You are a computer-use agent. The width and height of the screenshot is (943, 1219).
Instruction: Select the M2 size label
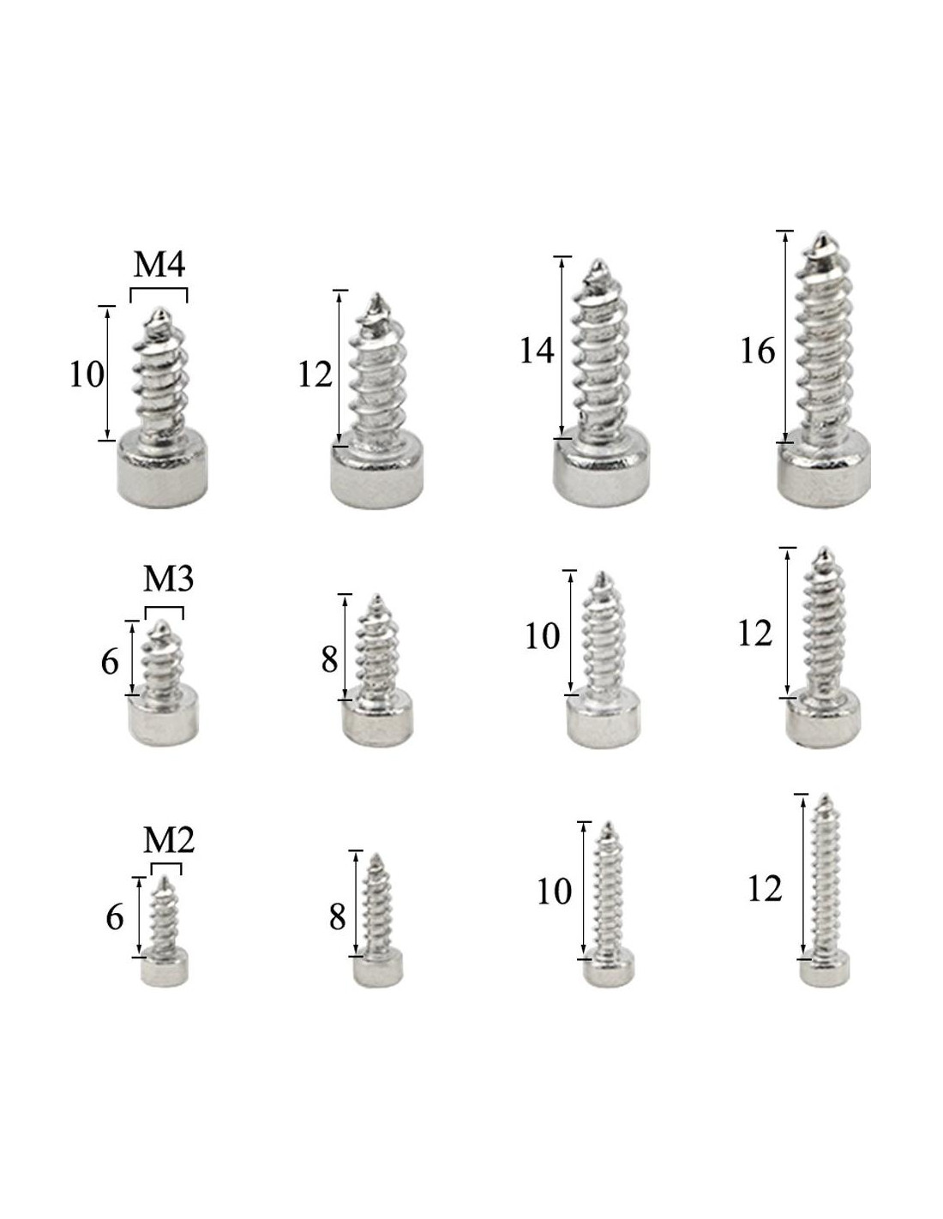click(169, 840)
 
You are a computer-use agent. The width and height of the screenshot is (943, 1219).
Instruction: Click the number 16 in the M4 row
click(757, 351)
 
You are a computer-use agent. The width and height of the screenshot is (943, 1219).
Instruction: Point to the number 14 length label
click(537, 351)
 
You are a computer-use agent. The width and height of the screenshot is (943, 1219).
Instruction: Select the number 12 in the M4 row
click(315, 375)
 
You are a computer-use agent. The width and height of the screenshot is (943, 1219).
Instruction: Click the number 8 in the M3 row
click(329, 660)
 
